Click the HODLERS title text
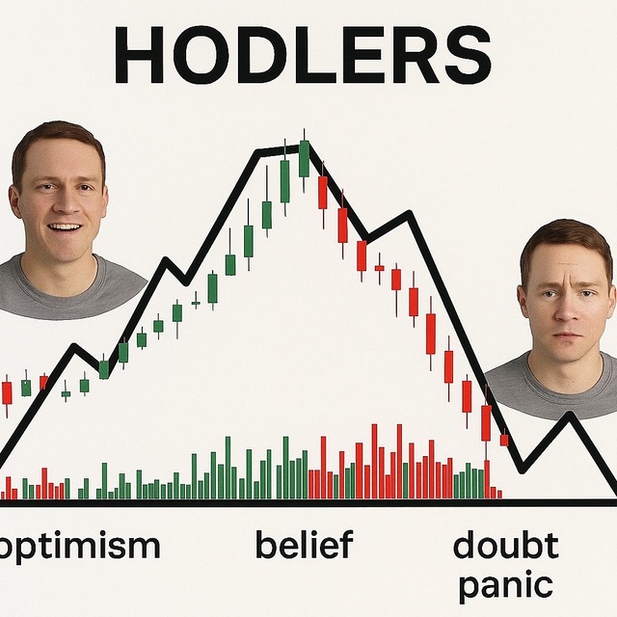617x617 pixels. point(303,55)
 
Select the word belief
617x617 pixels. point(305,544)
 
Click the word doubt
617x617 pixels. point(506,545)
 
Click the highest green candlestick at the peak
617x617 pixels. point(304,159)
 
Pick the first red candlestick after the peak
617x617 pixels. point(323,193)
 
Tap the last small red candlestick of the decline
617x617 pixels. point(504,440)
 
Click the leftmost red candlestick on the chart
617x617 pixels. point(7,392)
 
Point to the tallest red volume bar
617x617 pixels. point(374,462)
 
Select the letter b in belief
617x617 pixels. point(267,544)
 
